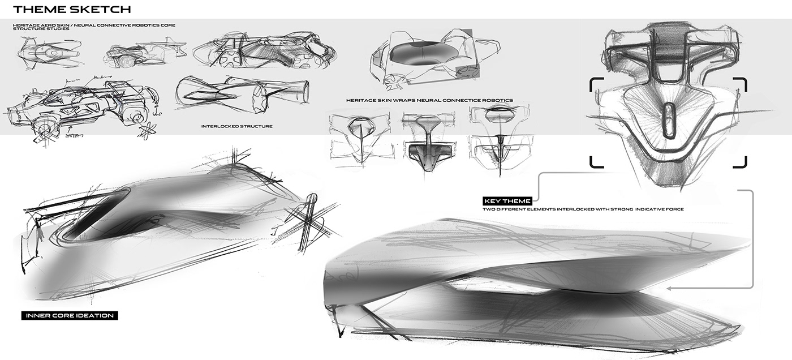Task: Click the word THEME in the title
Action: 39,9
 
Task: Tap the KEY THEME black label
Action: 507,201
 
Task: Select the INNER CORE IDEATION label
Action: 70,315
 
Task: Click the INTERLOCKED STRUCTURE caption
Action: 236,126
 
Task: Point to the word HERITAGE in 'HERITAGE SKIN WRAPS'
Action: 361,100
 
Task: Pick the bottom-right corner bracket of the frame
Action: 742,162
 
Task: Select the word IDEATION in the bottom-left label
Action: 94,315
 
